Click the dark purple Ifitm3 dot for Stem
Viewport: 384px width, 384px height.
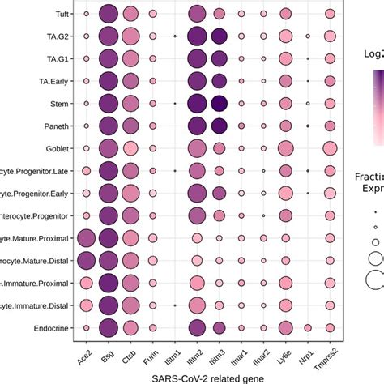coord(219,104)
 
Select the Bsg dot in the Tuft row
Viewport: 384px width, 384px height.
coord(108,14)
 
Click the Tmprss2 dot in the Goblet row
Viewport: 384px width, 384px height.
coord(329,148)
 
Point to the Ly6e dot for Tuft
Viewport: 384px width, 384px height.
coord(284,14)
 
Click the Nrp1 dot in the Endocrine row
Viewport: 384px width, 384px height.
coord(307,328)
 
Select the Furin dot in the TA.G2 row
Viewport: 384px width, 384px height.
coord(152,36)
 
